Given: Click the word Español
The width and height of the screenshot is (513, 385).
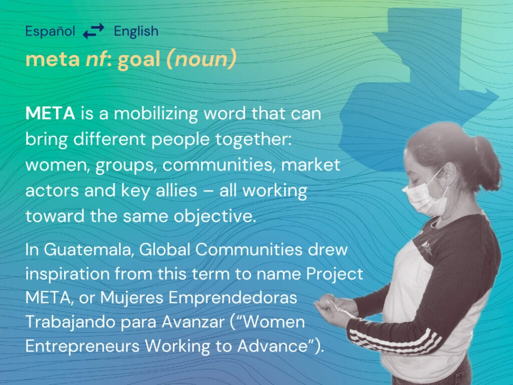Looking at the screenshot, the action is click(50, 31).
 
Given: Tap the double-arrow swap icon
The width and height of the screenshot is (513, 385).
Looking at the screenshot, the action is click(94, 31).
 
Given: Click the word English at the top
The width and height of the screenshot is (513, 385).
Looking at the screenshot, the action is click(136, 32).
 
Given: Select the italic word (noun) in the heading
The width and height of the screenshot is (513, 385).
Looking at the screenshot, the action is click(201, 59).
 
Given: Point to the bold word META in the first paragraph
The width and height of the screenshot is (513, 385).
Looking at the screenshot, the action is click(51, 113).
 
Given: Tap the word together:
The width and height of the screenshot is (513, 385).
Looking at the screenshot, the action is click(253, 139).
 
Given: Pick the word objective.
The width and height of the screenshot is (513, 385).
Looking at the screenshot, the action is click(214, 217).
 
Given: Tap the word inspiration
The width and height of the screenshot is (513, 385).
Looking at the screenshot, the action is click(68, 274).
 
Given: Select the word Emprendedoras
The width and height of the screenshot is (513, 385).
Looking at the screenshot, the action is click(232, 298).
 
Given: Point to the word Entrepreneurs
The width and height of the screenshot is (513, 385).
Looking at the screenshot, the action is click(83, 346).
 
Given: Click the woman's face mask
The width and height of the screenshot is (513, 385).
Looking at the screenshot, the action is click(425, 198).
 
